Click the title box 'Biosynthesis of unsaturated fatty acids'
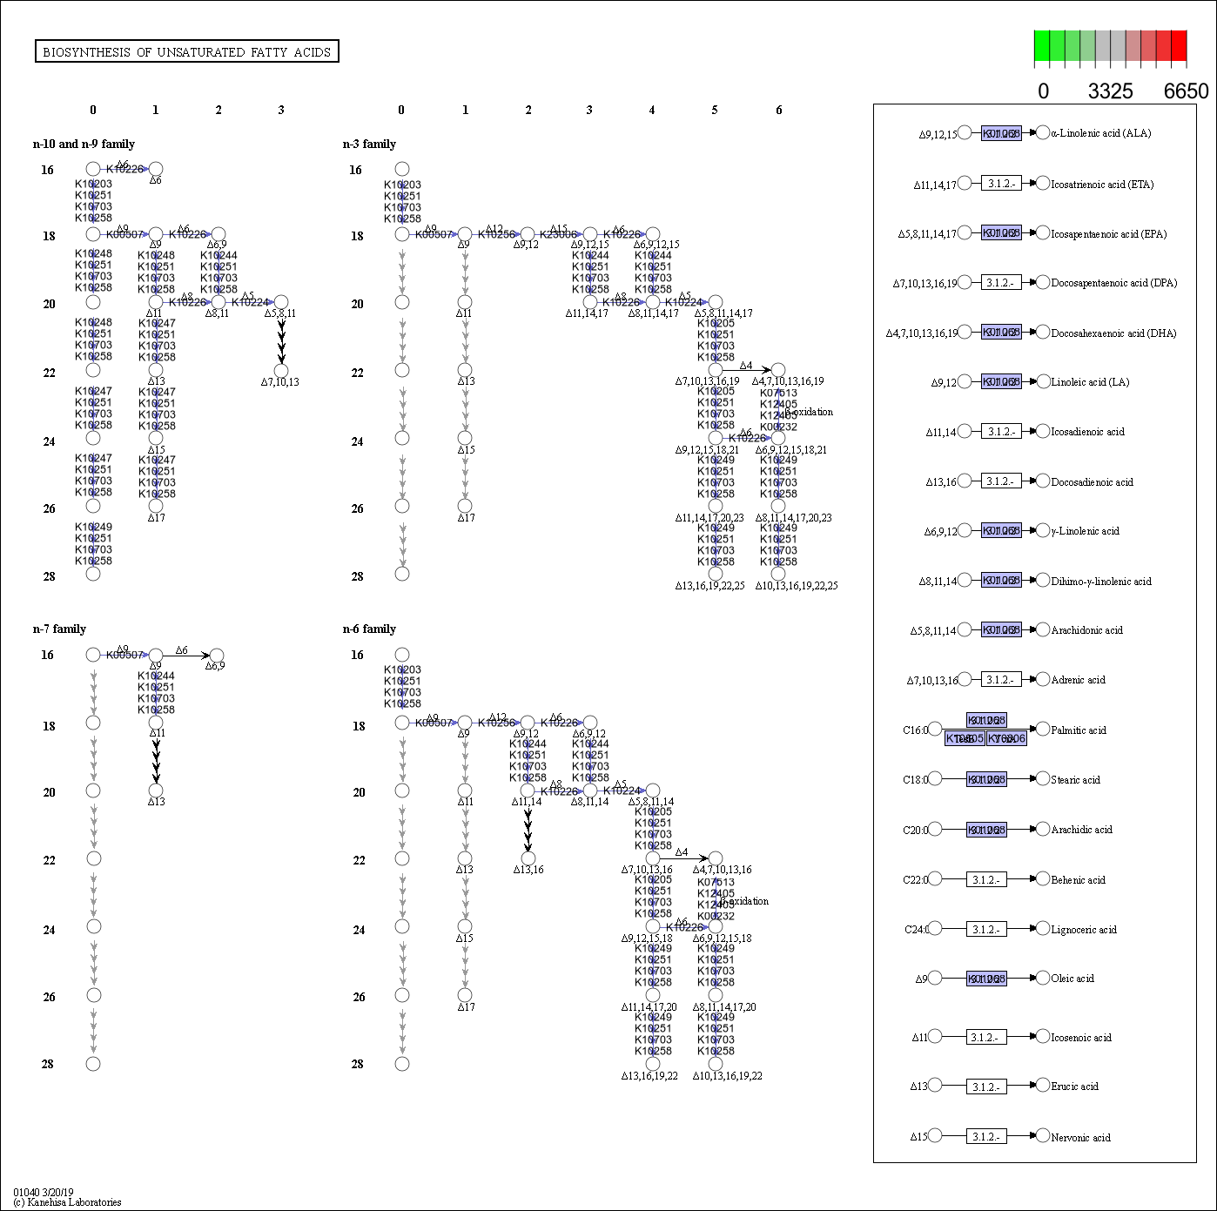[x=186, y=52]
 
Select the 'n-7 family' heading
[x=59, y=629]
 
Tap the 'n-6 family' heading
[x=369, y=629]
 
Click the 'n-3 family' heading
[x=369, y=145]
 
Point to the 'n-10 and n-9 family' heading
[x=84, y=145]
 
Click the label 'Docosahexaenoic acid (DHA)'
[x=1113, y=333]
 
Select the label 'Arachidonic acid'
[x=1086, y=630]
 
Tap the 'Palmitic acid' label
[x=1078, y=730]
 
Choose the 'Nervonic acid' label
[x=1080, y=1138]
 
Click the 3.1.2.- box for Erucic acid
[x=986, y=1087]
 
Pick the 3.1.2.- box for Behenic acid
[x=986, y=880]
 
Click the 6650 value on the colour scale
[x=1186, y=91]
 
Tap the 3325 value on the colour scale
[x=1110, y=91]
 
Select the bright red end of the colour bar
[x=1179, y=46]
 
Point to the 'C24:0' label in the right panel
[x=916, y=930]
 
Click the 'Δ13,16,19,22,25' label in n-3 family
[x=709, y=586]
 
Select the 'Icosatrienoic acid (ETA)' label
[x=1102, y=185]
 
